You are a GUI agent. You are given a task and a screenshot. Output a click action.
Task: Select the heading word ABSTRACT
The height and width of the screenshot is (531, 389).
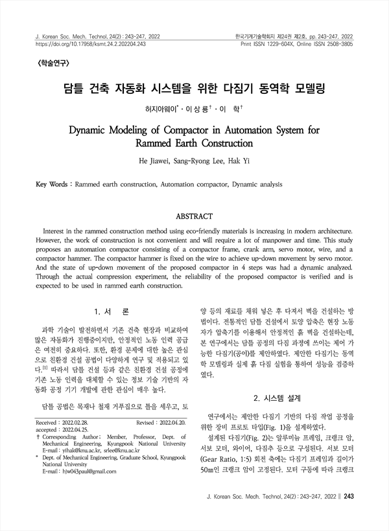tap(194, 215)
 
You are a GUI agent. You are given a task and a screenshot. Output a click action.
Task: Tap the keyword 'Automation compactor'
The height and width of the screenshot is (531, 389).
tap(194, 185)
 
